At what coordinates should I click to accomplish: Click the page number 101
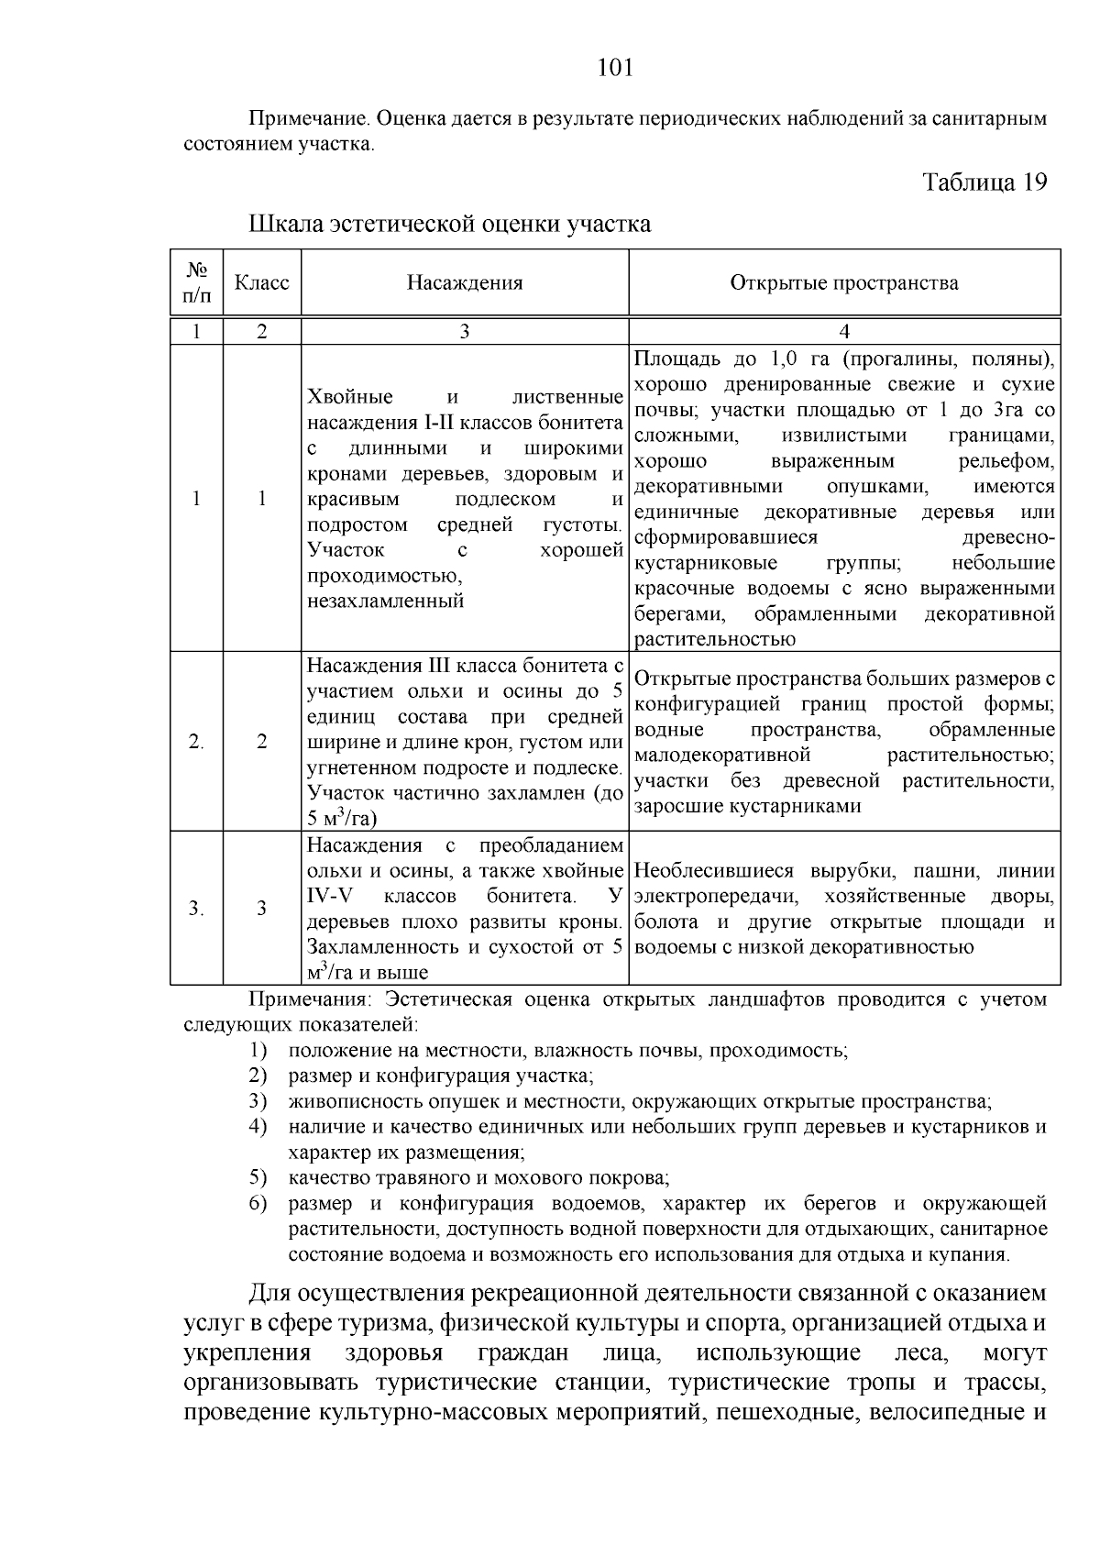click(x=615, y=68)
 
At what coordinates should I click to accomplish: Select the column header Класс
click(x=261, y=282)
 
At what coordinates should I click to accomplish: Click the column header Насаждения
click(x=465, y=282)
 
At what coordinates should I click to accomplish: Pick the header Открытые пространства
click(x=843, y=282)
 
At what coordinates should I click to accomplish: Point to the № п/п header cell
click(x=196, y=282)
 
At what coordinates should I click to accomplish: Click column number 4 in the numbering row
click(x=844, y=332)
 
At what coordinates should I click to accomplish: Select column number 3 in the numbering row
click(x=465, y=332)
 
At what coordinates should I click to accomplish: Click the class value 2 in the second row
click(x=261, y=742)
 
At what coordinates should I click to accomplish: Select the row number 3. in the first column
click(x=196, y=908)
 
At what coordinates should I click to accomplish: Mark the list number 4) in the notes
click(x=258, y=1126)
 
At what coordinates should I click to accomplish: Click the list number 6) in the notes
click(x=258, y=1203)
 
